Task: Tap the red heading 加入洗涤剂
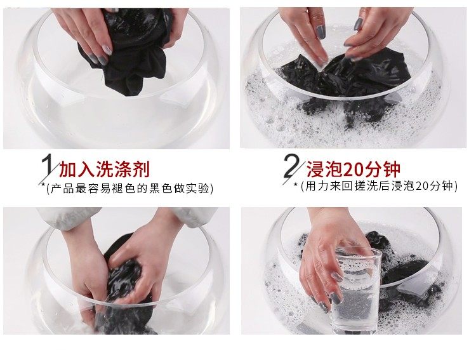click(x=105, y=170)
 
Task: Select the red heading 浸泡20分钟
click(x=353, y=169)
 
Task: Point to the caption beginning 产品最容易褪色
click(x=130, y=189)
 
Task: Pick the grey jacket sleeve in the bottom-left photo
click(x=69, y=219)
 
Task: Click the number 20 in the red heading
click(x=353, y=170)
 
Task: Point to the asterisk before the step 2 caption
click(x=295, y=184)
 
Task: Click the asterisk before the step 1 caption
click(x=43, y=184)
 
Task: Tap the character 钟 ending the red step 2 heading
click(x=392, y=170)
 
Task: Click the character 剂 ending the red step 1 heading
click(x=141, y=170)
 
